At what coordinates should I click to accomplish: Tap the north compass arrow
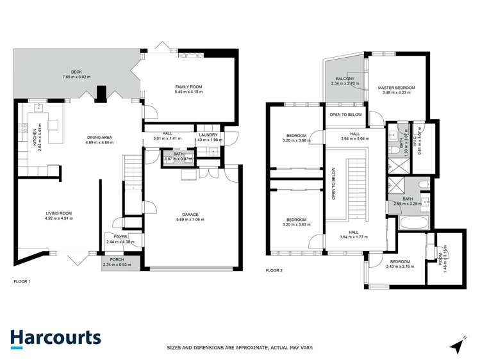click(456, 345)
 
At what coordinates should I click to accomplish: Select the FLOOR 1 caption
click(22, 281)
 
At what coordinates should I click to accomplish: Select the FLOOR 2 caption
click(274, 270)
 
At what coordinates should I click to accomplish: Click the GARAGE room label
click(190, 215)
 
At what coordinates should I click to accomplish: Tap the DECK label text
click(78, 72)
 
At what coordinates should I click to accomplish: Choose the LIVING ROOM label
click(58, 213)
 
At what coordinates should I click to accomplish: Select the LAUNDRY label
click(208, 135)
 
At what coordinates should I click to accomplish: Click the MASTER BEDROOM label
click(396, 88)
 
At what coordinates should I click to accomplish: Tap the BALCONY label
click(345, 79)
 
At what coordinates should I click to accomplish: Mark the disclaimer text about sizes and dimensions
click(240, 347)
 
